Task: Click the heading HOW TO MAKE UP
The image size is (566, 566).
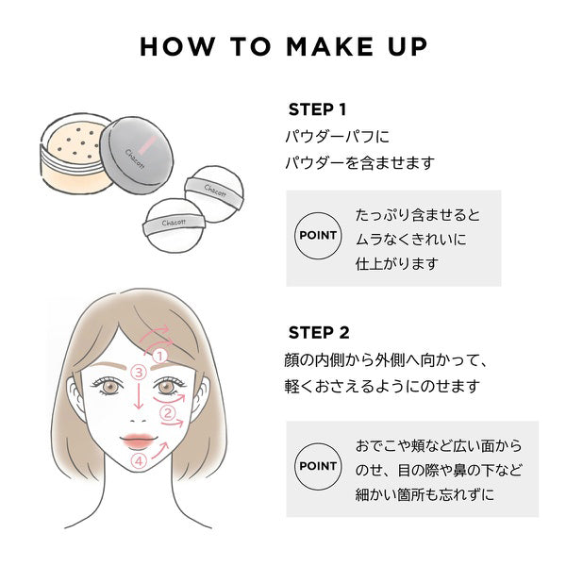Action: click(282, 47)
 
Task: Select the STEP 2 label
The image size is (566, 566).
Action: click(318, 332)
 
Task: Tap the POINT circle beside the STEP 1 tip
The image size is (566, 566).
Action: click(319, 237)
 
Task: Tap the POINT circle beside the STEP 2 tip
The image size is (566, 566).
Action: click(319, 467)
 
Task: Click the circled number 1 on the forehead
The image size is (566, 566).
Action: click(160, 356)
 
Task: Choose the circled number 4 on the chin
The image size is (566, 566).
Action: click(139, 461)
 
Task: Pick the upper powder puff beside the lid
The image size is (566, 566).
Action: click(212, 191)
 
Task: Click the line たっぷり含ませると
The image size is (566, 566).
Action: click(418, 214)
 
